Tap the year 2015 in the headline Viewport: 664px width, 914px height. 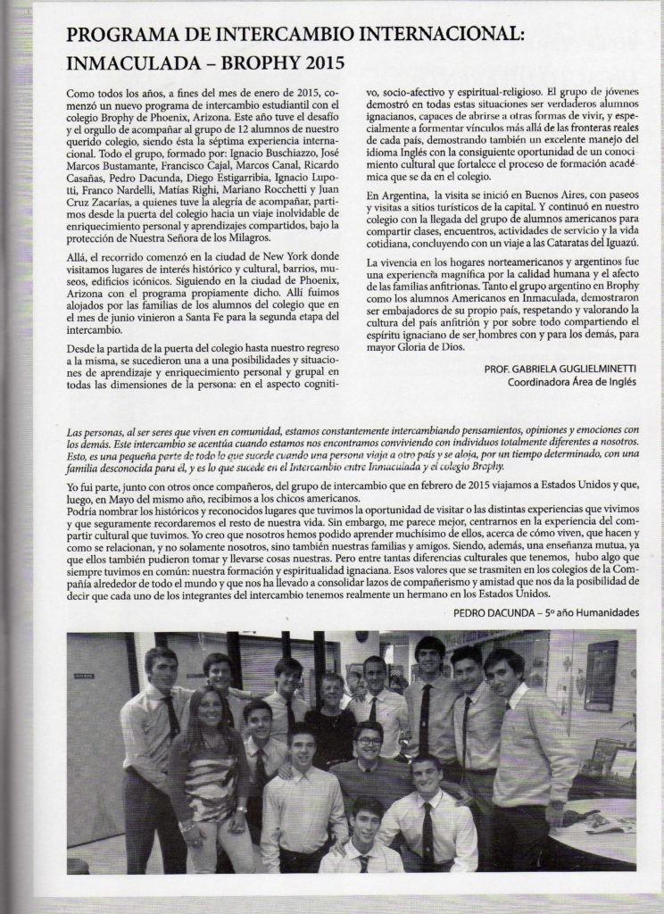click(x=316, y=64)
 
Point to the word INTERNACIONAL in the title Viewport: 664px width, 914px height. click(x=428, y=37)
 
